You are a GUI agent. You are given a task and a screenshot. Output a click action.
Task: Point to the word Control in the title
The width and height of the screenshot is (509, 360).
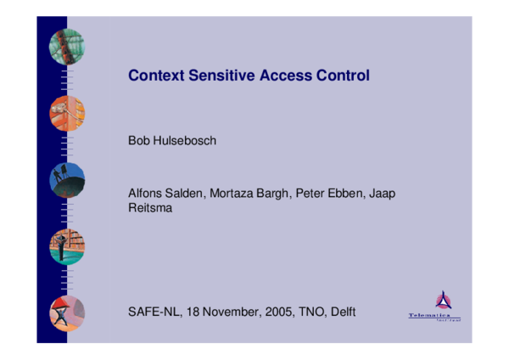click(341, 76)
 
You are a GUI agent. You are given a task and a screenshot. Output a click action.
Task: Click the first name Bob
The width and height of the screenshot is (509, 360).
click(138, 140)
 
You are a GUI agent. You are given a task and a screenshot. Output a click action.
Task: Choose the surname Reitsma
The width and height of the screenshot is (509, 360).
click(150, 207)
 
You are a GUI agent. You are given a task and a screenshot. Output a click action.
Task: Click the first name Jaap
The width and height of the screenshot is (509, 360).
click(383, 193)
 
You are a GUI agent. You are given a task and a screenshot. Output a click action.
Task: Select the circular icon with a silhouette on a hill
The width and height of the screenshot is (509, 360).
click(67, 180)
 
